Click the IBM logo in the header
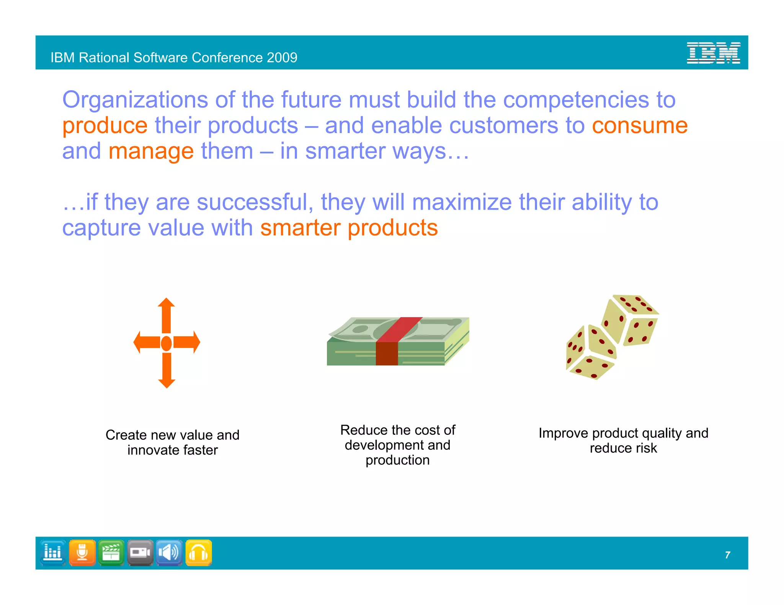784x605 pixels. click(713, 53)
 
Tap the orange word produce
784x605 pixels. click(105, 125)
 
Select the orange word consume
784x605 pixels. click(640, 125)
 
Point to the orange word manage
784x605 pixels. click(151, 151)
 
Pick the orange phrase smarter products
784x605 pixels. click(349, 228)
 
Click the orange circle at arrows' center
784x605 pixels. click(167, 343)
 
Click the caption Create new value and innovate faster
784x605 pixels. click(172, 442)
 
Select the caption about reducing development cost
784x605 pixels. click(397, 445)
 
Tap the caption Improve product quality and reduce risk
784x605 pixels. click(623, 440)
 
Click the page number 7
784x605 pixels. click(727, 555)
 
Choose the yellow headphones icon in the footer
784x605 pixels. click(199, 553)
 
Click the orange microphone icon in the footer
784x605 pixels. click(82, 553)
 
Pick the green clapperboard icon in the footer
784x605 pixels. click(111, 553)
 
